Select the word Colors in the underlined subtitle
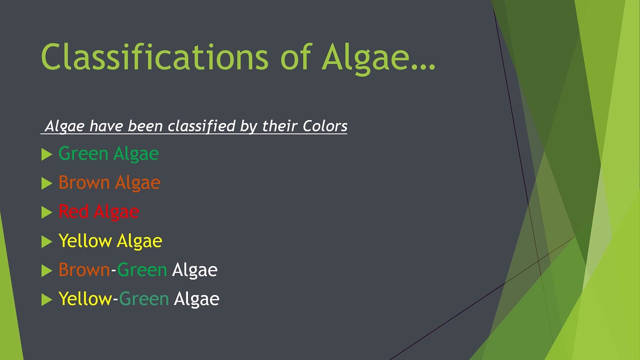[325, 126]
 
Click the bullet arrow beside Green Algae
[46, 155]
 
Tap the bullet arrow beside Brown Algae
[46, 184]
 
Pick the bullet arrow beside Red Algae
[46, 212]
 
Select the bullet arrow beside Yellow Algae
[46, 242]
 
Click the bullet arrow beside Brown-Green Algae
[46, 271]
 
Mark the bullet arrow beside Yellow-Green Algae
[46, 300]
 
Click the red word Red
[73, 211]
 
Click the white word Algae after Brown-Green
[194, 270]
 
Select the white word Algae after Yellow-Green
[196, 299]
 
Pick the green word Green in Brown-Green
[142, 270]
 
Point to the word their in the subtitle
[280, 126]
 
